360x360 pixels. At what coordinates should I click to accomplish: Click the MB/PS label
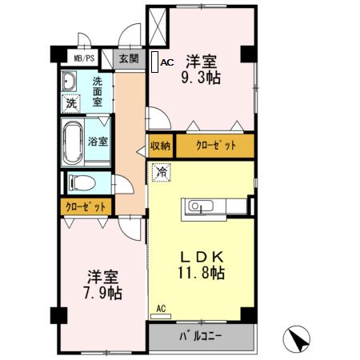84,58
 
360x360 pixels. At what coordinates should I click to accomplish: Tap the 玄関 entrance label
129,58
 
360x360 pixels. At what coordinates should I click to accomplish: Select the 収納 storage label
160,146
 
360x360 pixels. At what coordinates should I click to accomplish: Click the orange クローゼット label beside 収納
214,146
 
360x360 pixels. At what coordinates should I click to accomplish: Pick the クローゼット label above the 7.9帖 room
86,206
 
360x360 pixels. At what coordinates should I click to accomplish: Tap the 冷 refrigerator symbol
162,172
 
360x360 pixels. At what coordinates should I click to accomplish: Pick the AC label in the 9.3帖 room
166,62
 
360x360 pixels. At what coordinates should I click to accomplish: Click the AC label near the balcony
161,308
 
